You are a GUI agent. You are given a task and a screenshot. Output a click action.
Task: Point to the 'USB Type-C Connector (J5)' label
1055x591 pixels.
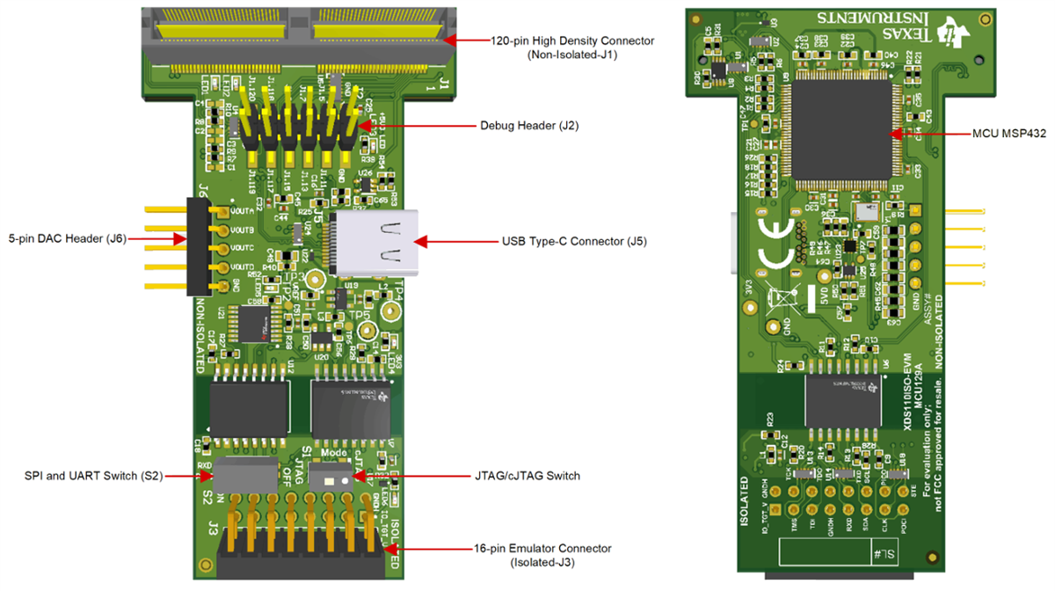574,241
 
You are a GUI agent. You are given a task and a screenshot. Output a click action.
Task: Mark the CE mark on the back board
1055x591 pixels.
775,243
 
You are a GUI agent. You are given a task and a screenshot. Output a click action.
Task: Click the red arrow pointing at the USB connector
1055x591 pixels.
454,241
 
